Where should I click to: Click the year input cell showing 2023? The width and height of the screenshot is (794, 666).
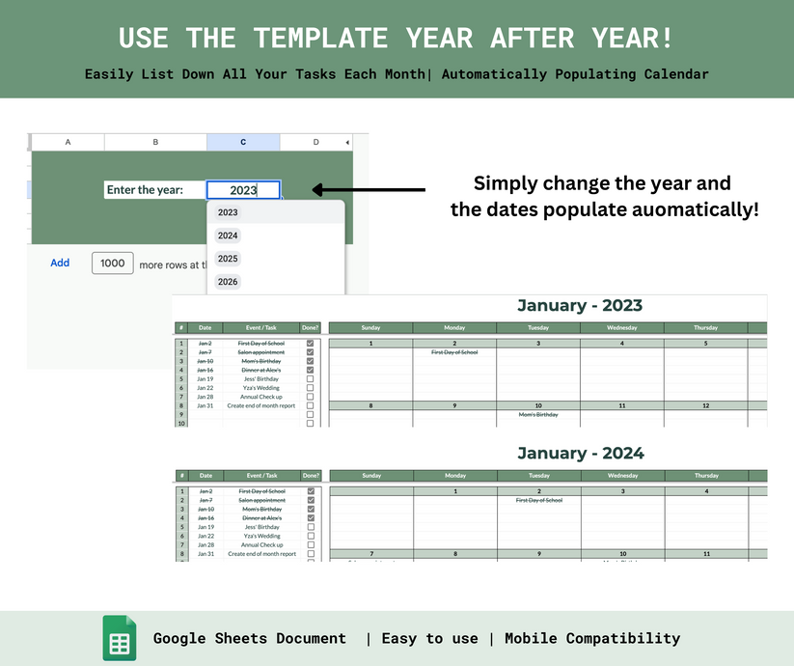click(x=243, y=190)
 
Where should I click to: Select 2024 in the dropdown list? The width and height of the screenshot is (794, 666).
click(x=228, y=236)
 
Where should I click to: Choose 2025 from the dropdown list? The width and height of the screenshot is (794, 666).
click(x=228, y=259)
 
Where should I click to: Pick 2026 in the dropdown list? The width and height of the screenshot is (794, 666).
click(x=228, y=282)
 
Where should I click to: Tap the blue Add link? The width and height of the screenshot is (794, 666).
click(x=60, y=263)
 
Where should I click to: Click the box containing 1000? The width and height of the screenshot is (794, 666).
click(x=113, y=263)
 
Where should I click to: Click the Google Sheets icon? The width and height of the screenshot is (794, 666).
click(x=120, y=638)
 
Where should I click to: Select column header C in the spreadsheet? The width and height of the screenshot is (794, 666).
click(x=243, y=142)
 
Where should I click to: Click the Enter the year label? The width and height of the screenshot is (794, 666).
click(x=145, y=190)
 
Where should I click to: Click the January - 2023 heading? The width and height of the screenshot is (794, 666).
click(x=579, y=306)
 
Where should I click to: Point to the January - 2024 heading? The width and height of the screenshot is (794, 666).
click(x=580, y=453)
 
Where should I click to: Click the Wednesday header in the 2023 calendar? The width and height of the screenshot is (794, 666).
click(x=621, y=328)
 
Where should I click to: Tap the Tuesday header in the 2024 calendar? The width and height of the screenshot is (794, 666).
click(x=539, y=476)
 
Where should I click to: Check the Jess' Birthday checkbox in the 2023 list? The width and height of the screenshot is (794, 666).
click(x=310, y=379)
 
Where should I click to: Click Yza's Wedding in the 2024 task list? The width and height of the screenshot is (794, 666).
click(x=261, y=536)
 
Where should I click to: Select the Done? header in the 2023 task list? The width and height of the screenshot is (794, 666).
click(x=310, y=328)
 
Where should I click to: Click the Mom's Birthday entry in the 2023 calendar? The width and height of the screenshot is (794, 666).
click(x=538, y=414)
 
